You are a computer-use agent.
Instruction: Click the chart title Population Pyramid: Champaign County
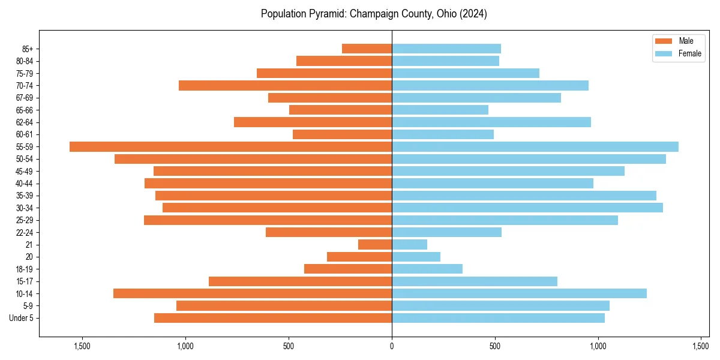[373, 14]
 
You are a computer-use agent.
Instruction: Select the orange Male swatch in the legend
[664, 41]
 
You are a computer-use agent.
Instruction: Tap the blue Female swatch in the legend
[664, 53]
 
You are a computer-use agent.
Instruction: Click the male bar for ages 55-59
[230, 146]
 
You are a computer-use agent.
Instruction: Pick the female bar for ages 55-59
[535, 146]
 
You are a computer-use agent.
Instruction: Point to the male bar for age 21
[375, 244]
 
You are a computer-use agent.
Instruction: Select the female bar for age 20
[416, 257]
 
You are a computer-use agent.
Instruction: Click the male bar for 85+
[367, 49]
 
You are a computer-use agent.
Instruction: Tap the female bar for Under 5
[498, 318]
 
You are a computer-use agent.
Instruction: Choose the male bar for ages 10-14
[253, 293]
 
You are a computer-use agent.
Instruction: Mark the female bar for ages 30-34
[527, 208]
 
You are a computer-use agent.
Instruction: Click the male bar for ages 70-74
[285, 85]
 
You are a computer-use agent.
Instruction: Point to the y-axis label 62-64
[25, 122]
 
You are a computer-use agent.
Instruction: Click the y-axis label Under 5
[22, 318]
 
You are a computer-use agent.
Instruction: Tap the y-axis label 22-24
[25, 232]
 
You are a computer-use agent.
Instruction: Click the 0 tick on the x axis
[392, 346]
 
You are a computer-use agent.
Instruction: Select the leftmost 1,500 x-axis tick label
[82, 346]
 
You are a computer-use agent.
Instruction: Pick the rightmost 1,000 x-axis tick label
[598, 346]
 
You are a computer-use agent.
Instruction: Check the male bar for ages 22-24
[329, 232]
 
